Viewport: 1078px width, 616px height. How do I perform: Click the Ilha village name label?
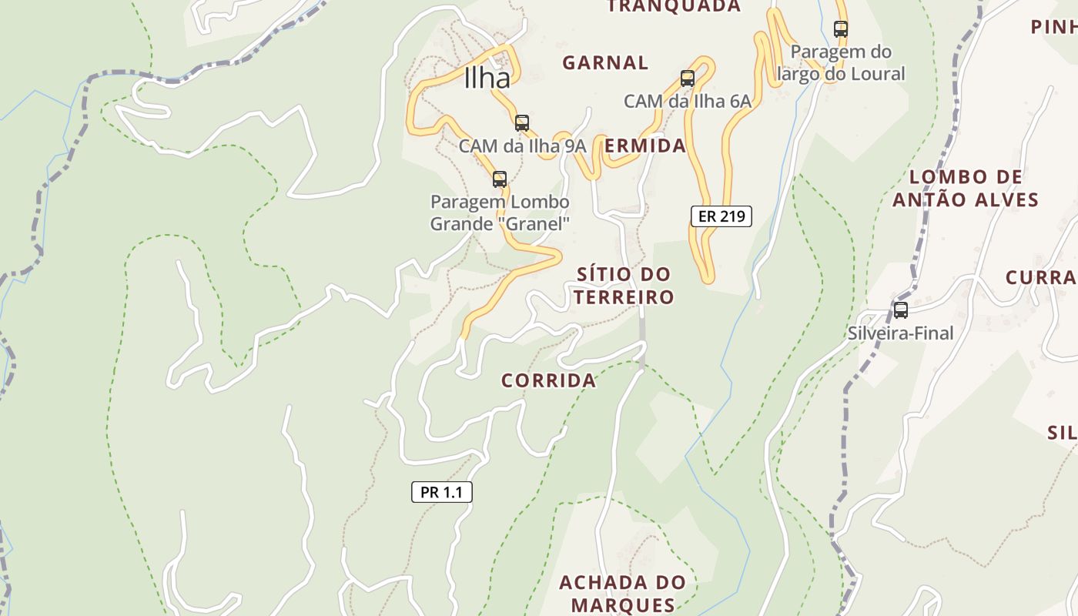(487, 79)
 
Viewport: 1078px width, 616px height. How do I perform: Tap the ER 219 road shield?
(721, 216)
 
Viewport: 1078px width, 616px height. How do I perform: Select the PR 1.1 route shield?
(441, 492)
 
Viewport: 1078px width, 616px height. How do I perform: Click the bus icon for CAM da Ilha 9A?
(522, 122)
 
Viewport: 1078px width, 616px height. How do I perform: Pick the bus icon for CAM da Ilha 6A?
(688, 78)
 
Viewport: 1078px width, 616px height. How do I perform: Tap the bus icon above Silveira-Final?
(900, 310)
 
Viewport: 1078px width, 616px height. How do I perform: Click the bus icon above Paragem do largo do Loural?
(841, 29)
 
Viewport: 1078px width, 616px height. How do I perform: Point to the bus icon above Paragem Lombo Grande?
(500, 179)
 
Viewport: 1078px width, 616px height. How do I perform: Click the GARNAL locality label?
(605, 62)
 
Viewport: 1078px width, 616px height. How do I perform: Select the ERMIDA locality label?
(645, 146)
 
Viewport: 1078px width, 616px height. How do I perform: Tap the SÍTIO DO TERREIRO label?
(624, 286)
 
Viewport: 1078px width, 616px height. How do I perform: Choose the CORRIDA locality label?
(548, 380)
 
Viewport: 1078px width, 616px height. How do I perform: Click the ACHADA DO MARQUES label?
(622, 593)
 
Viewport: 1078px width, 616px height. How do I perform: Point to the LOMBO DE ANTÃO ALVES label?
(966, 189)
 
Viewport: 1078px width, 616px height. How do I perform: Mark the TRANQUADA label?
(674, 7)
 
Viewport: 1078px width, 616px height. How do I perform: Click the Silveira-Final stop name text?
(900, 333)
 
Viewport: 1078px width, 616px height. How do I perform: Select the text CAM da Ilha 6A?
(687, 101)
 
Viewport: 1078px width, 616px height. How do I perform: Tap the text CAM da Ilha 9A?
(522, 146)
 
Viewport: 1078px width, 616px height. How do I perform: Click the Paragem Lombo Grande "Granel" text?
(500, 213)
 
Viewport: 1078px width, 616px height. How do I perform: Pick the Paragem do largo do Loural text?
(841, 63)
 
